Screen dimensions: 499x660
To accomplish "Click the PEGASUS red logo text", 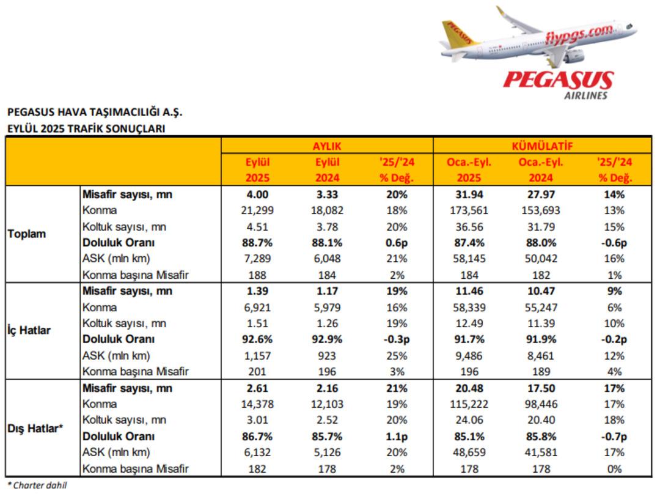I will click(x=558, y=80).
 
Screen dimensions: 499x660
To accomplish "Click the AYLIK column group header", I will click(x=327, y=147).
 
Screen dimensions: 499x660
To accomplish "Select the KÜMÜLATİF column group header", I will click(x=541, y=147).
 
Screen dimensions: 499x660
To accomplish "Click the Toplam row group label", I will click(x=26, y=234).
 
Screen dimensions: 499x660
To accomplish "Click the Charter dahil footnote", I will click(x=37, y=486).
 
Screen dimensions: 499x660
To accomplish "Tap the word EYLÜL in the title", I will click(x=22, y=129).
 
